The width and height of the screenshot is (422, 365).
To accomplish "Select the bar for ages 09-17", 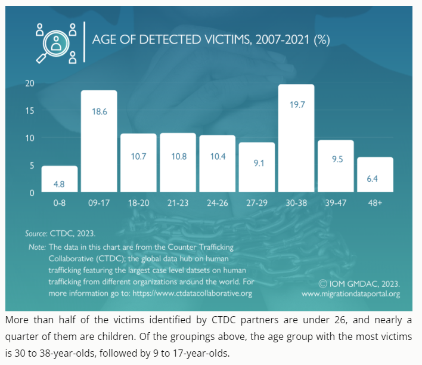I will point(99,141).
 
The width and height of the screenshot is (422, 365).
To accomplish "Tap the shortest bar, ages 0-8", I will point(60,179).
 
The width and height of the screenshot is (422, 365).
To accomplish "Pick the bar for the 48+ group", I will point(375,175).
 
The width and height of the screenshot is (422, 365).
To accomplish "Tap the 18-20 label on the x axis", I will point(138,203).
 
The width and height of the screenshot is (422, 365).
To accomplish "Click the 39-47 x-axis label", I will point(336,203).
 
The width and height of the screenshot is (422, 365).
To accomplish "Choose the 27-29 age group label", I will point(257,203).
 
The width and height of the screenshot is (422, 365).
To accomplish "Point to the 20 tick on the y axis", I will point(29,83).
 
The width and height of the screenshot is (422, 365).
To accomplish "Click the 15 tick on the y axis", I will point(29,110).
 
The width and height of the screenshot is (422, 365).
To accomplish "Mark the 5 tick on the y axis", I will point(32,166).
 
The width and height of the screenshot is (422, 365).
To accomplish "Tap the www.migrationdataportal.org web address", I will point(350,293).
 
